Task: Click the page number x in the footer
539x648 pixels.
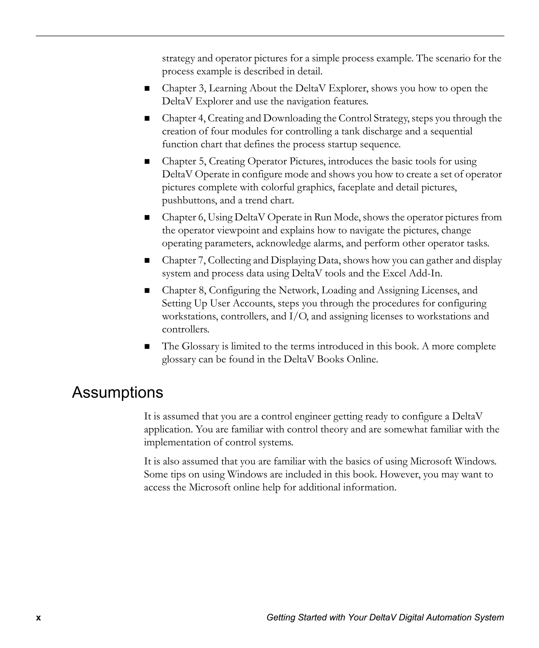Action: point(38,618)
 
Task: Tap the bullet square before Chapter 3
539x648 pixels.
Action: point(147,88)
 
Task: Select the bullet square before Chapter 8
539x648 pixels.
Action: point(147,290)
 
